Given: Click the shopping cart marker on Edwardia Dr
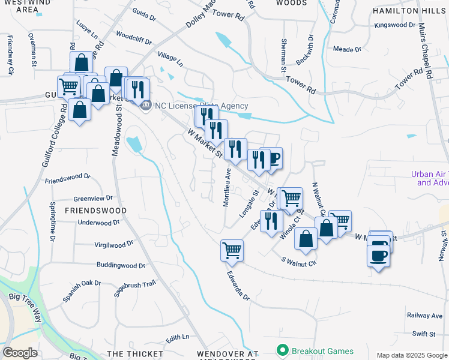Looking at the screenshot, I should coord(232,250).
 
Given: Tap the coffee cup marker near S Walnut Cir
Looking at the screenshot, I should coord(378,256).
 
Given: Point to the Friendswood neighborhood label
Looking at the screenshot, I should coord(95,211).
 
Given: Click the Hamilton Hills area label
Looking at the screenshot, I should coord(409,11).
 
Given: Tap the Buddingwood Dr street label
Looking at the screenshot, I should coord(121,265).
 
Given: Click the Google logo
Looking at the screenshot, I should coord(20,353).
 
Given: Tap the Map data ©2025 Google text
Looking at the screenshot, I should coord(411,355).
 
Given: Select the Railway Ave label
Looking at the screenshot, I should coord(425,315).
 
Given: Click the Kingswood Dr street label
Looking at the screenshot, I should coord(395,25).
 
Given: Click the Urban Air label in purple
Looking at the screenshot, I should coord(430,178).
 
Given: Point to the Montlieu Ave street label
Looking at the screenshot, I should coord(227,187).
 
